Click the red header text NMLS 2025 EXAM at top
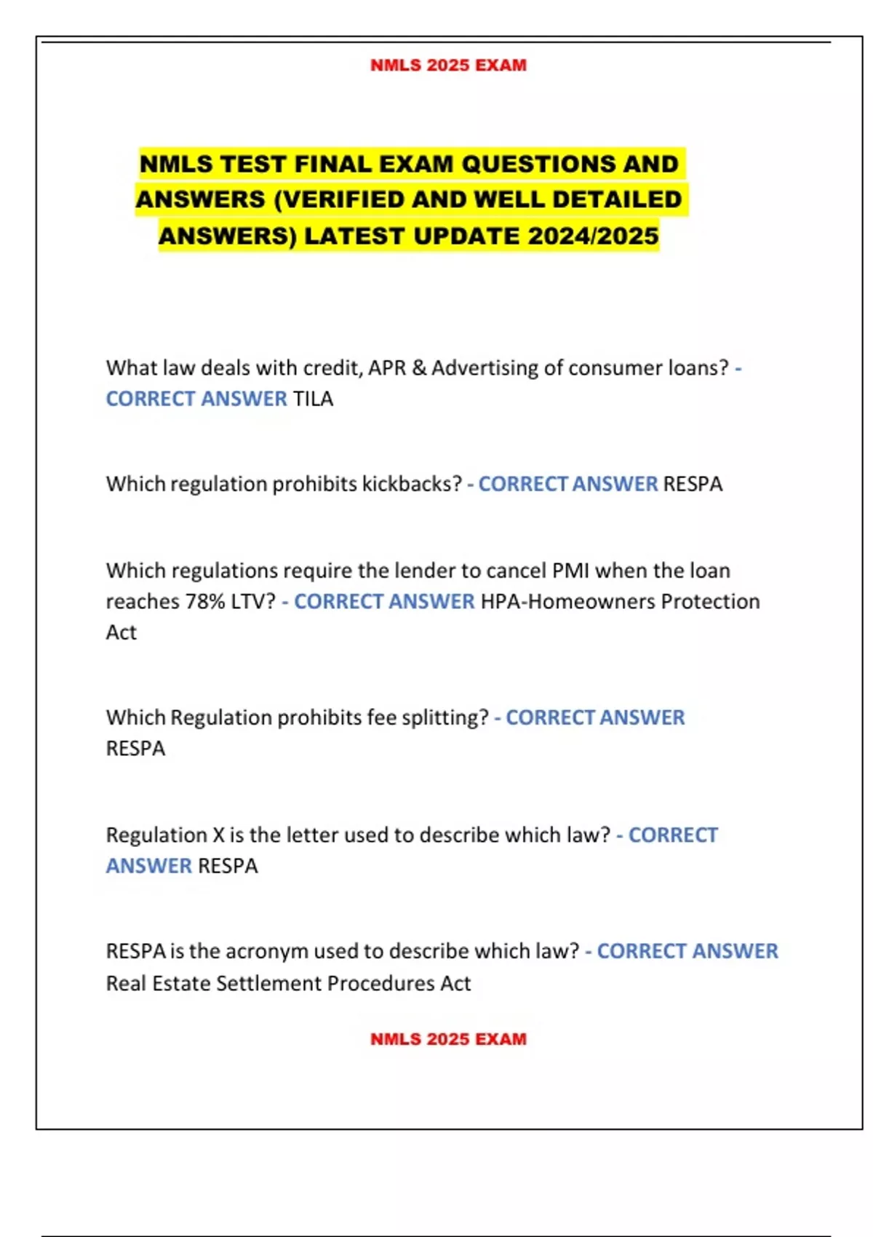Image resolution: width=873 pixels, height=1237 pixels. (448, 65)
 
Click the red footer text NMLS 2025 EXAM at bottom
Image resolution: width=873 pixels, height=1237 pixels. (448, 1039)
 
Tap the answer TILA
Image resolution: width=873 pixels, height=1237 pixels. (313, 399)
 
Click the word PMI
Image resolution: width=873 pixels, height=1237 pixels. (570, 570)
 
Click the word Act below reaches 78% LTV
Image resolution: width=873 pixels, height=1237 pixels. (121, 632)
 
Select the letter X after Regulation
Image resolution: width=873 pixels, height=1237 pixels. (218, 835)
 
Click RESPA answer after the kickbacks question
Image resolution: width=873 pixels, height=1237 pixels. (693, 484)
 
